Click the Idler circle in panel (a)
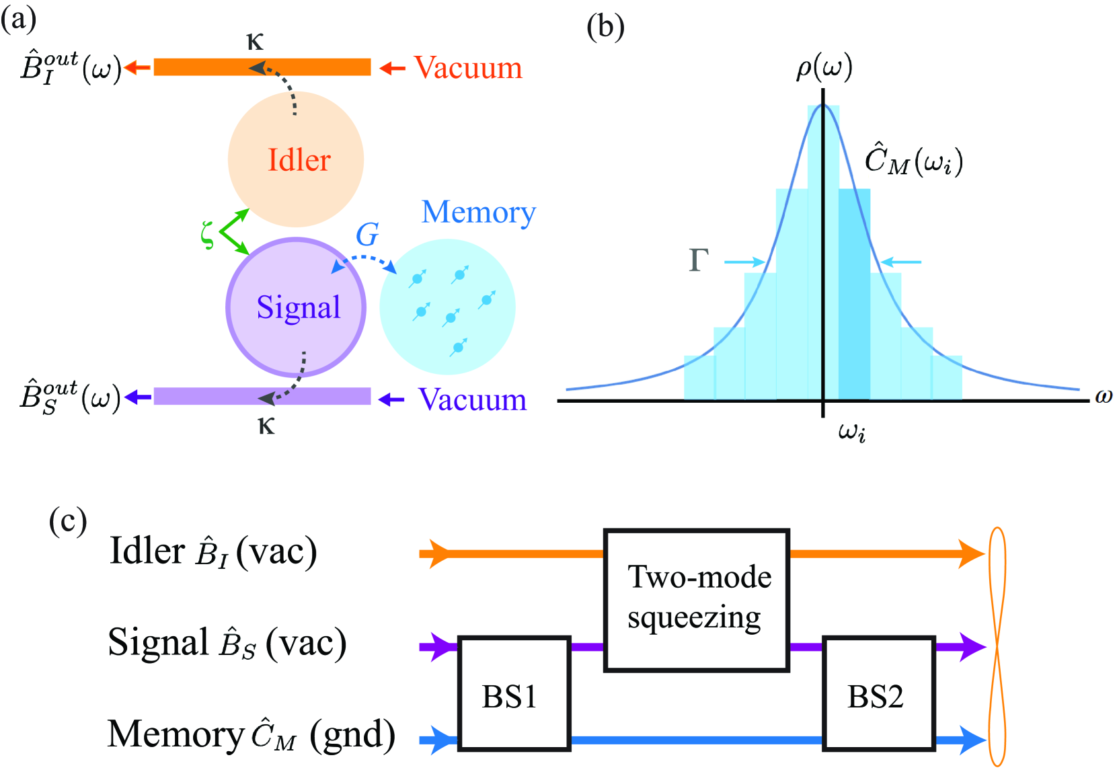(296, 159)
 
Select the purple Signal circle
(296, 307)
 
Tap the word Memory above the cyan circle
(478, 213)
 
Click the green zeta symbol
(208, 234)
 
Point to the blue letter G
(367, 235)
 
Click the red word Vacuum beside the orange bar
(468, 68)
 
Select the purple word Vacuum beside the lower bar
(472, 399)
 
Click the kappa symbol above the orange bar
(255, 42)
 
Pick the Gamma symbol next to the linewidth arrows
(699, 260)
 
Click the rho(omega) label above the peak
(824, 68)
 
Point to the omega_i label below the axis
(851, 431)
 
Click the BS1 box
(514, 693)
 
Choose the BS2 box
(879, 693)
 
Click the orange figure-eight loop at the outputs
(997, 646)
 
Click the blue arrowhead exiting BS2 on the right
(972, 740)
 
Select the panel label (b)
(605, 27)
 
